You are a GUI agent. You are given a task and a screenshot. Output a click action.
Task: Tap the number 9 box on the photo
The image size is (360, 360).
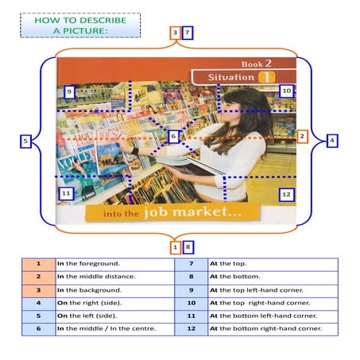70,92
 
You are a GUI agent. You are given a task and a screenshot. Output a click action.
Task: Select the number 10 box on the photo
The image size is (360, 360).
286,91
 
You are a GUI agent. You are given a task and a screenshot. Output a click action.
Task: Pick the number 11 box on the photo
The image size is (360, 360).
66,193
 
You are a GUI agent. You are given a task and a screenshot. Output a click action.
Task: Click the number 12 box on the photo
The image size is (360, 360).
286,193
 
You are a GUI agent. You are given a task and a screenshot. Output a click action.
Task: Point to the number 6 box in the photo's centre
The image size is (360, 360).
173,137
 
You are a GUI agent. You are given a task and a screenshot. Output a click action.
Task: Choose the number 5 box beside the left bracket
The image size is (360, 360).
25,141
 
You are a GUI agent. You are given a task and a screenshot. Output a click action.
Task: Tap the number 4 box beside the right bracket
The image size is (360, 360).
331,140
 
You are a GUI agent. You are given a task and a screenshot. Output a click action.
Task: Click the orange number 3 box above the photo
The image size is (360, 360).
175,33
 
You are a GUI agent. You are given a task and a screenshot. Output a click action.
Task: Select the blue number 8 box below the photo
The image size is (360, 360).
188,247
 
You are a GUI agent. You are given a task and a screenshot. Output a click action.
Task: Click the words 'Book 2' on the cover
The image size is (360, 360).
257,63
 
